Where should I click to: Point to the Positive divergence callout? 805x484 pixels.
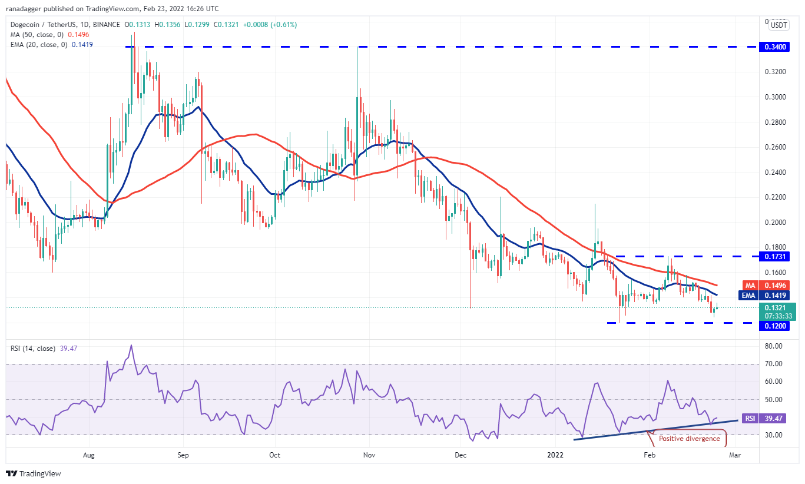tap(689, 439)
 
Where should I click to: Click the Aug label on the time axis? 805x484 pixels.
tap(89, 455)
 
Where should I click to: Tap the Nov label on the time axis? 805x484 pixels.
tap(369, 455)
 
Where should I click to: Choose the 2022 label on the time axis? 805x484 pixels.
tap(556, 455)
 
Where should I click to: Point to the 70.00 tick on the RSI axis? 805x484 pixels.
tap(773, 364)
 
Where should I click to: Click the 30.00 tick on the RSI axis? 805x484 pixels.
tap(773, 435)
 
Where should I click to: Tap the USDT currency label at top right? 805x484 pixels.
tap(779, 25)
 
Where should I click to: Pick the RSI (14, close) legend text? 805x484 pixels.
tap(32, 349)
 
